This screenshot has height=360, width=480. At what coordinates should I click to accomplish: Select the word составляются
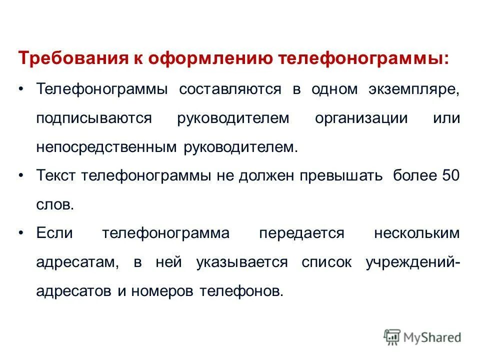pos(229,89)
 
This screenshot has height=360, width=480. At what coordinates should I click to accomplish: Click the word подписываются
pos(93,119)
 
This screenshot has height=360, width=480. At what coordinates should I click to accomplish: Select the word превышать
pos(341,176)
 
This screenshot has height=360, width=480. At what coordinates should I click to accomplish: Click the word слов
pos(55,205)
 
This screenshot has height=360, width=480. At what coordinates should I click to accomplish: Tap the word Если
pos(54,234)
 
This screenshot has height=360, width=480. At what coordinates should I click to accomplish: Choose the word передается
pos(301,234)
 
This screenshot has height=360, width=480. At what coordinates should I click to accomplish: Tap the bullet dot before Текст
pos(20,176)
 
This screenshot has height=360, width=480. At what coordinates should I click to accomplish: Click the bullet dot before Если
pos(20,234)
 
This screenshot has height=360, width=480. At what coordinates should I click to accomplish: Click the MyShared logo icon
pos(392,337)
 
